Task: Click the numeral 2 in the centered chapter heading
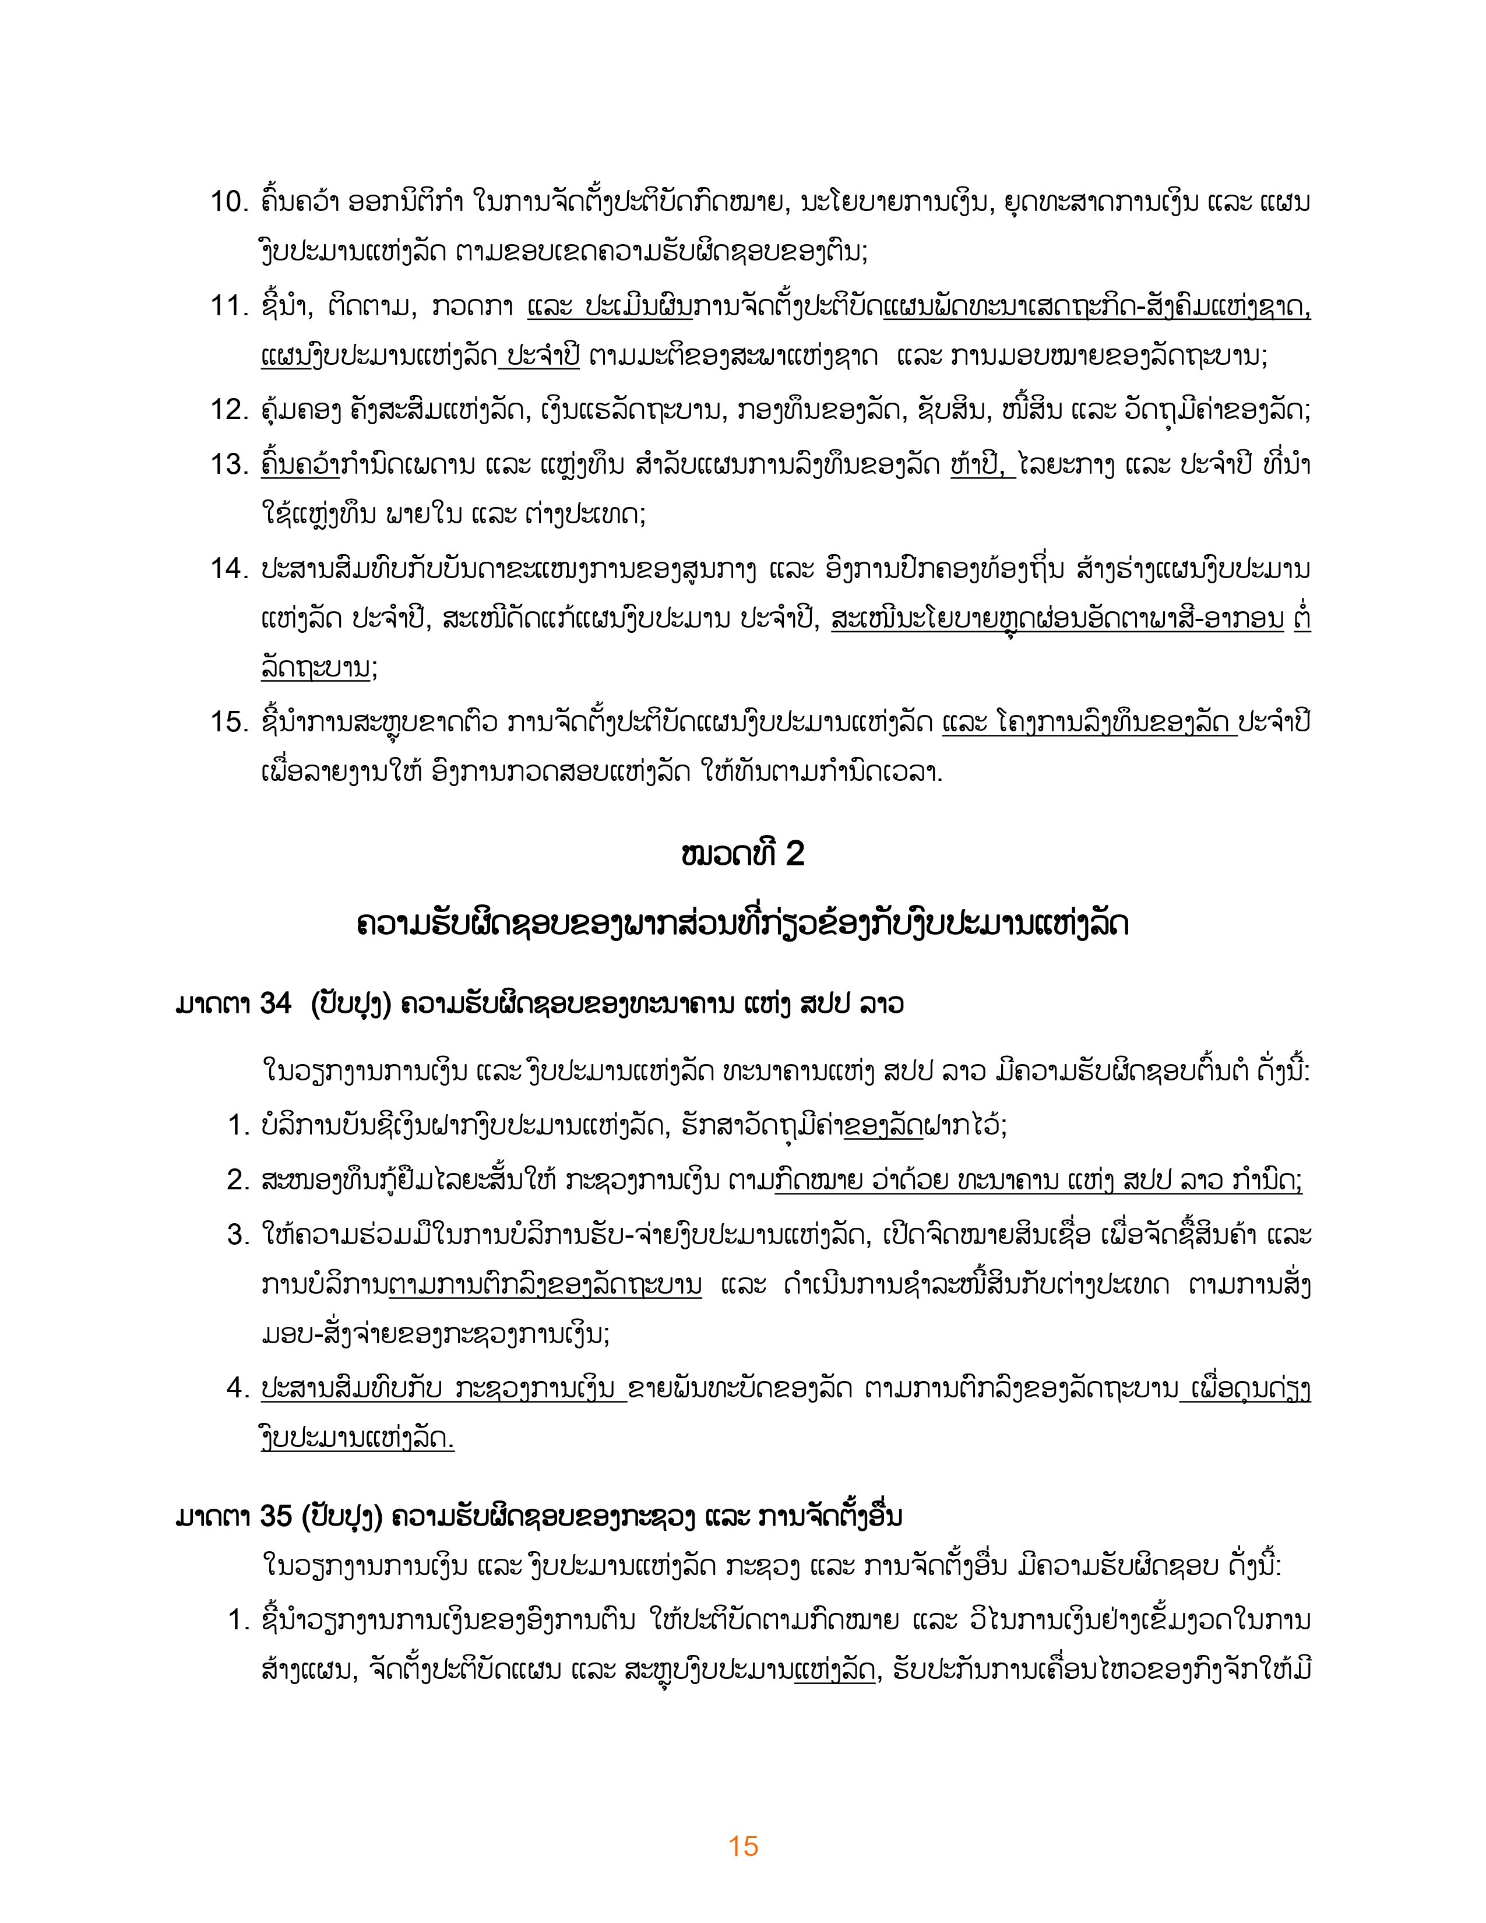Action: [794, 854]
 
